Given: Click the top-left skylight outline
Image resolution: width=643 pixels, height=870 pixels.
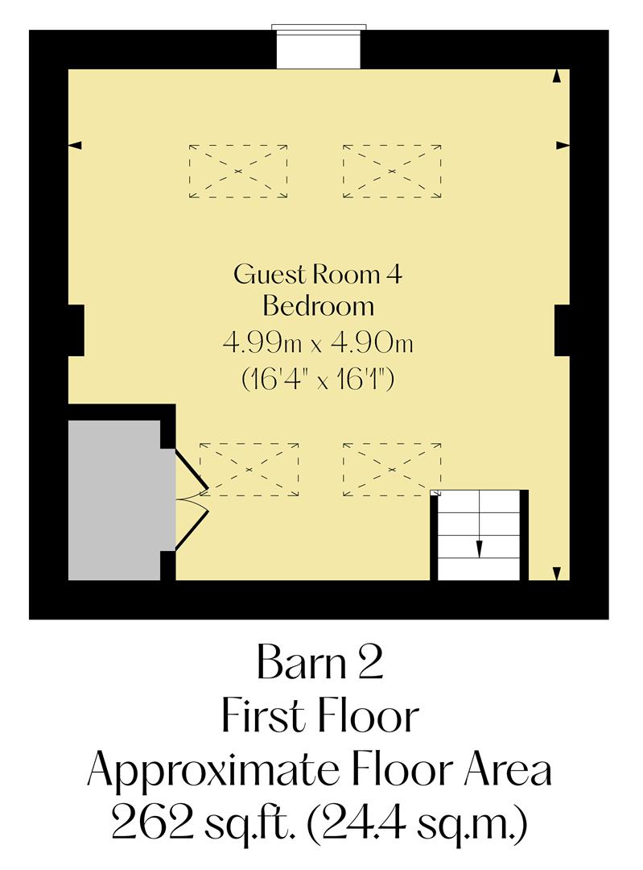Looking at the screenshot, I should click(238, 172).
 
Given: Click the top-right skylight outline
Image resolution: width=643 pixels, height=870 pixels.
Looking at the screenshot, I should click(392, 172).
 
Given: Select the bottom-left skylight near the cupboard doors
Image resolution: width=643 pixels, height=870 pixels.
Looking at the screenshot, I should click(249, 470).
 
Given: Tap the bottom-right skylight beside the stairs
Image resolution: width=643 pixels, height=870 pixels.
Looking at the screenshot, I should click(392, 469).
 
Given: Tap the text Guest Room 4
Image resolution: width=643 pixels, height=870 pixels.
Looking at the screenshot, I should click(318, 275).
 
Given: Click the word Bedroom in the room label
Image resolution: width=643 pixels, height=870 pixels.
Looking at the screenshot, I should click(319, 307).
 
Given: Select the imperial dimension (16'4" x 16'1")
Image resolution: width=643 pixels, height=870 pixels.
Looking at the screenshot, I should click(318, 379).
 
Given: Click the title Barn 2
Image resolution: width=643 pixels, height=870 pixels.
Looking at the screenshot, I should click(319, 665).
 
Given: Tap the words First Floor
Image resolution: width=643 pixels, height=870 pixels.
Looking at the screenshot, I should click(319, 718).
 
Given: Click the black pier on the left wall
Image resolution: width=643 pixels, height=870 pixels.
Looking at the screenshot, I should click(76, 330).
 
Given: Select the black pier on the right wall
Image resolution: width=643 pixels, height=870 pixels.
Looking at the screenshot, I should click(563, 330).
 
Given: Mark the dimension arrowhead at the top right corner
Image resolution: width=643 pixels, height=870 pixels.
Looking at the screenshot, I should click(556, 76).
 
